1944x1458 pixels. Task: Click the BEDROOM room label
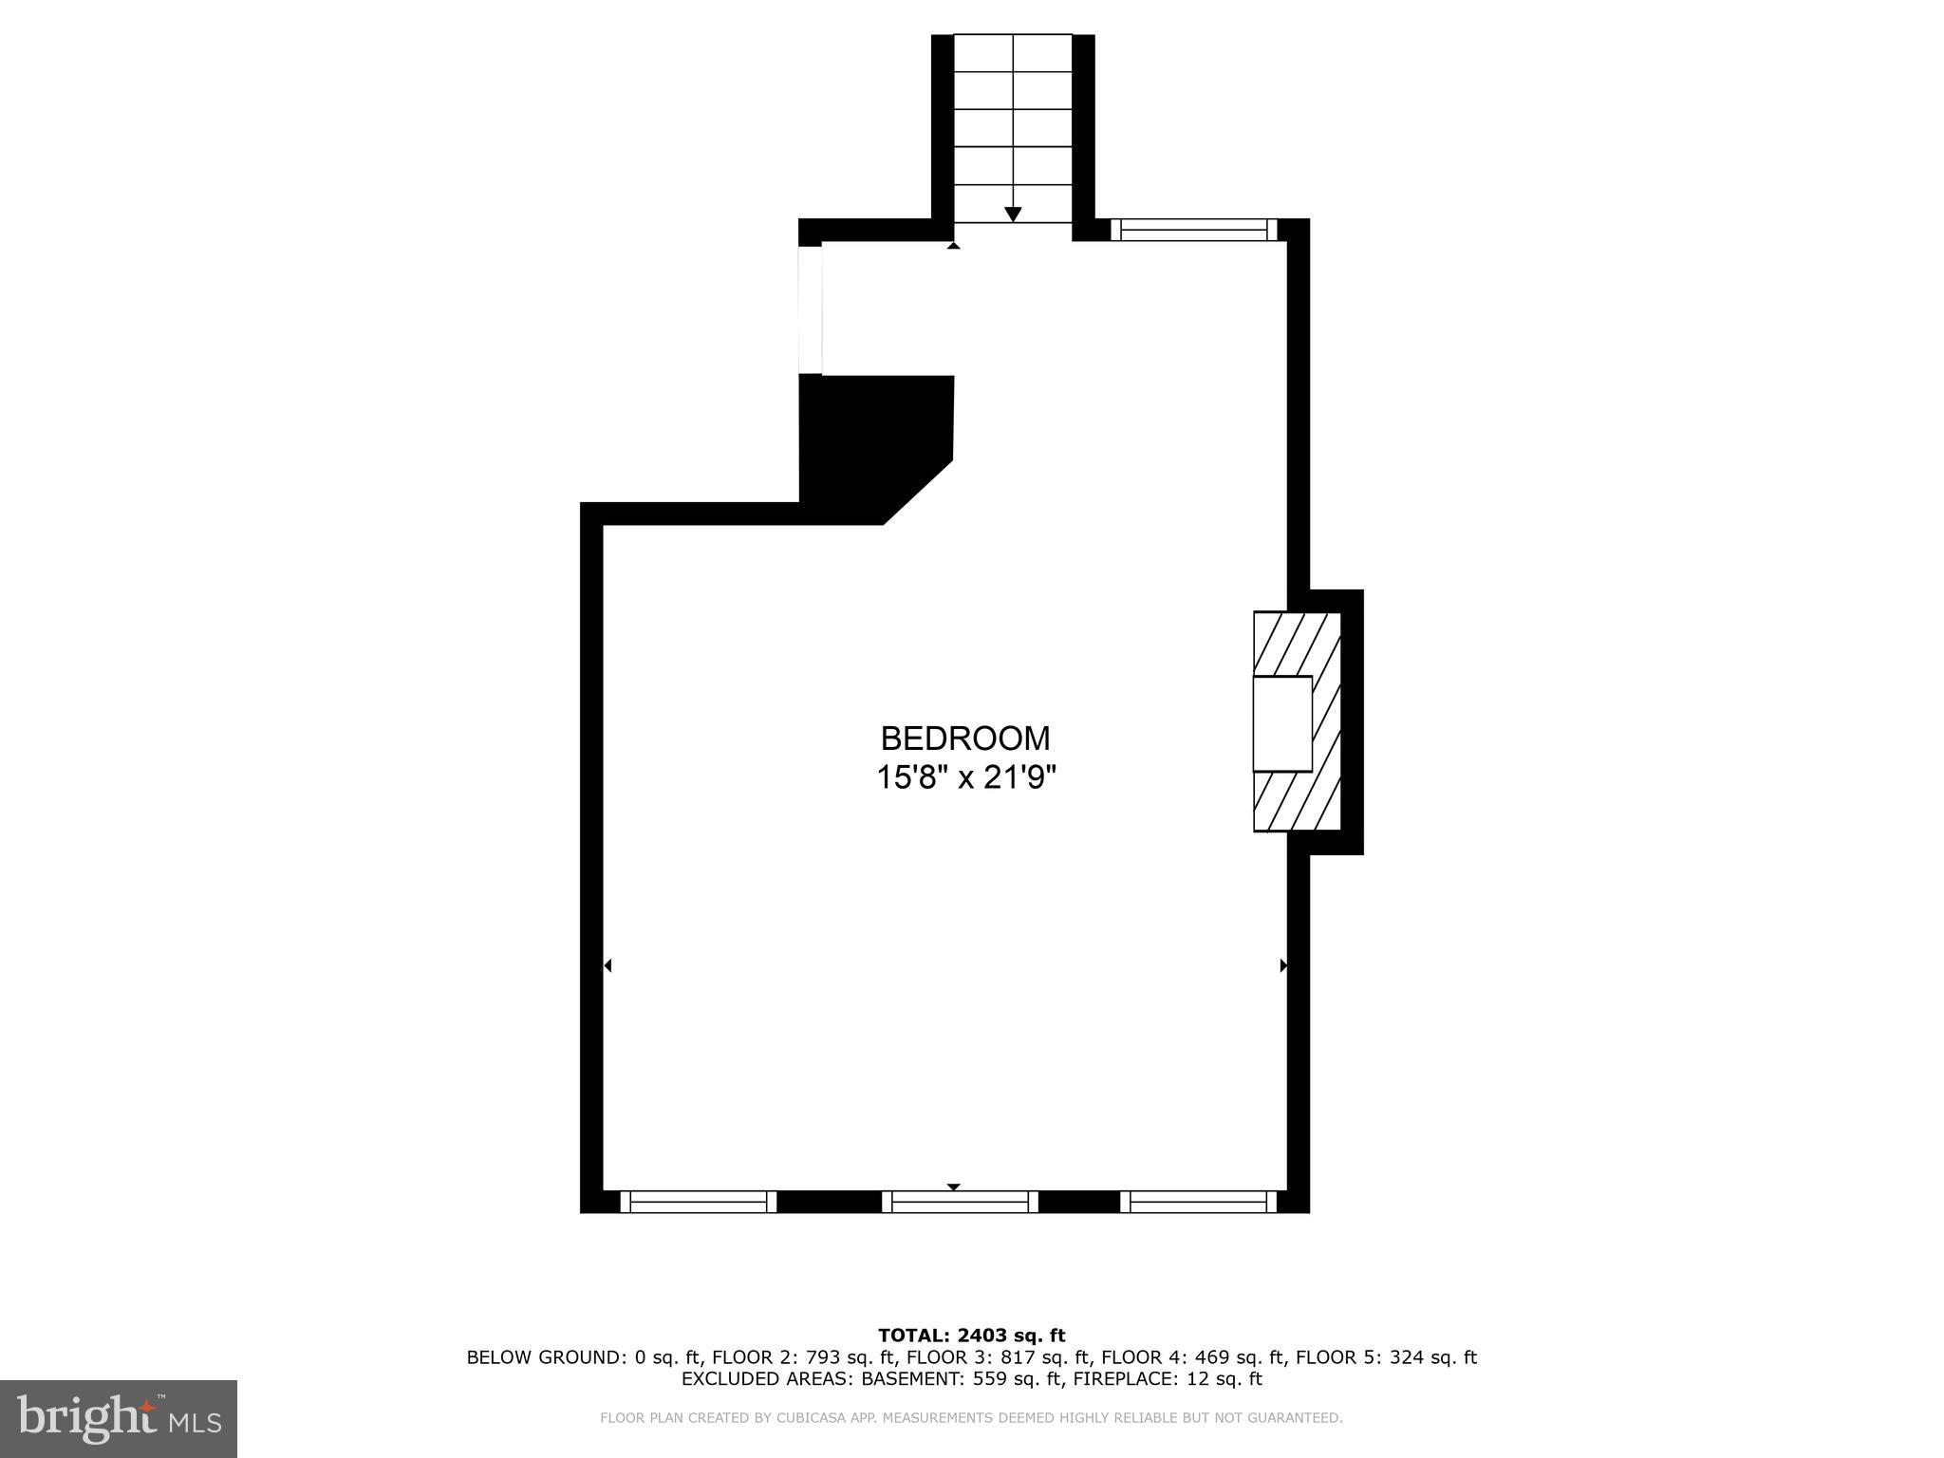pos(965,738)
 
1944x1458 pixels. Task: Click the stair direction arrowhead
pos(1013,215)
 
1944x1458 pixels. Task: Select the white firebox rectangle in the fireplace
pos(1282,723)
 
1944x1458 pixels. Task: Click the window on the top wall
pos(1194,230)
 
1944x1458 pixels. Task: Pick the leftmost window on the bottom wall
pos(699,1202)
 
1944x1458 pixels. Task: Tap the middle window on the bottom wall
pos(960,1202)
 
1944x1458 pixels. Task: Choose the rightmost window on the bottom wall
pos(1198,1202)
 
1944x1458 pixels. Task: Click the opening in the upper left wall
pos(810,309)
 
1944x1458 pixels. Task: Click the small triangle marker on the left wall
pos(607,965)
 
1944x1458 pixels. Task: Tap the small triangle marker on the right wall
pos(1283,965)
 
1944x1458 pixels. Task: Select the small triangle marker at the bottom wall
pos(954,1187)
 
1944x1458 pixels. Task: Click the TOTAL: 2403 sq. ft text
pos(971,1336)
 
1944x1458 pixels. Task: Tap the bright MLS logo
pos(118,1418)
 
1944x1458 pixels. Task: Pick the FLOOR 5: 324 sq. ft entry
pos(1386,1357)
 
